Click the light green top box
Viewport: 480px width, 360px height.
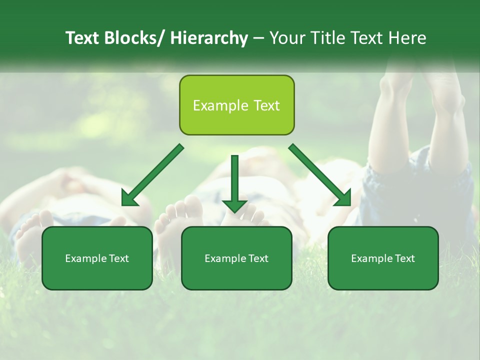tap(236, 105)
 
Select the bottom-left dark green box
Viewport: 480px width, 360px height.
tap(97, 258)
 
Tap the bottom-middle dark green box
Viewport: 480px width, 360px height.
tap(236, 258)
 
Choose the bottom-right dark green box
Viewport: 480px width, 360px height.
tap(383, 258)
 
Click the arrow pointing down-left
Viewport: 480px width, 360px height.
tap(152, 175)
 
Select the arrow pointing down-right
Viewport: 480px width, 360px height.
tap(320, 175)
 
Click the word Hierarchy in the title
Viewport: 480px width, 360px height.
tap(208, 38)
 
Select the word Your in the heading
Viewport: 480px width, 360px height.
tap(287, 38)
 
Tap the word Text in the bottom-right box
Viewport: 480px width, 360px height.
tap(404, 258)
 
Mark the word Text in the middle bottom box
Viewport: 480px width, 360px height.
tap(257, 258)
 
